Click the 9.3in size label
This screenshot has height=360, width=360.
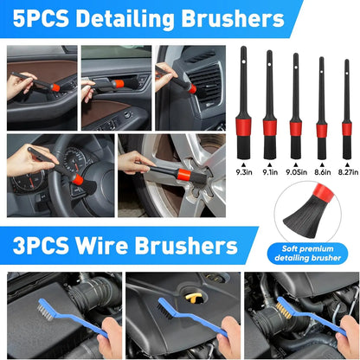click(244, 172)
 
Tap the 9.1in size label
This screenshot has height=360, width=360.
click(270, 172)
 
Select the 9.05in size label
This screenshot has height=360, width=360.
click(296, 172)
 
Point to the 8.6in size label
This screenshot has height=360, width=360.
click(323, 172)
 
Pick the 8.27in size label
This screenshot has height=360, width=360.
click(348, 172)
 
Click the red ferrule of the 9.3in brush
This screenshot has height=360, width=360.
click(243, 126)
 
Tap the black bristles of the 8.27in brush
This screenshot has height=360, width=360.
click(347, 147)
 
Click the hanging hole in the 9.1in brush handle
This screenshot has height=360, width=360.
click(269, 64)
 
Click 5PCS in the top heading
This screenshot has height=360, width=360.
click(41, 18)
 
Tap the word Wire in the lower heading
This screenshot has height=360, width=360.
click(101, 246)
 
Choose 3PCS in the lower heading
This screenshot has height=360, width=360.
click(41, 246)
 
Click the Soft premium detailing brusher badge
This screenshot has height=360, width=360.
click(307, 254)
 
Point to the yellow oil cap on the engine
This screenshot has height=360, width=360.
click(193, 298)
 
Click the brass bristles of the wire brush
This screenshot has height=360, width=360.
click(284, 310)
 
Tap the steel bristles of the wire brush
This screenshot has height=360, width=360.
click(46, 310)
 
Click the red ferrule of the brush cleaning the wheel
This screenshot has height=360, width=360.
click(184, 175)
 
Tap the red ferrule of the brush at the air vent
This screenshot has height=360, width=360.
click(192, 88)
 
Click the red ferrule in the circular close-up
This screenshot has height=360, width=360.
click(323, 193)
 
